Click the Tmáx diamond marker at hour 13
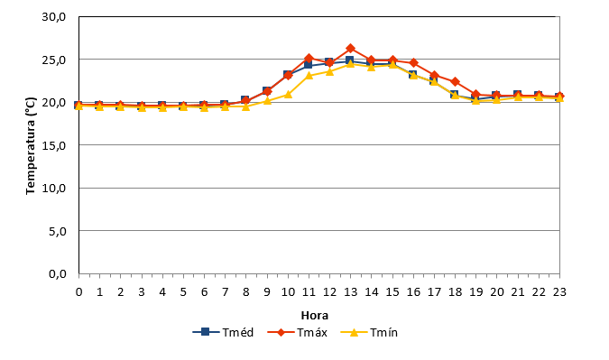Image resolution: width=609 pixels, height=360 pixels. (350, 48)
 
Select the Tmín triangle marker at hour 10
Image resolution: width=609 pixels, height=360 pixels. (288, 94)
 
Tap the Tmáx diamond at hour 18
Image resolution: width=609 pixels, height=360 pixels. (455, 81)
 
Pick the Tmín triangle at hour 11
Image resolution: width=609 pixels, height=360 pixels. (309, 75)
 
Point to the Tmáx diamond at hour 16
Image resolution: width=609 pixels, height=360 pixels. (413, 62)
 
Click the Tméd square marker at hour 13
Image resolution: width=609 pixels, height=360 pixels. (349, 60)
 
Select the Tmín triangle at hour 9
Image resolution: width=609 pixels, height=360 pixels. (267, 100)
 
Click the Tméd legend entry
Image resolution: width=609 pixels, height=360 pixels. (223, 332)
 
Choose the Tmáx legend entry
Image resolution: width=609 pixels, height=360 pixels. (298, 332)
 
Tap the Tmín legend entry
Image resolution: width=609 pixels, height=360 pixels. (369, 332)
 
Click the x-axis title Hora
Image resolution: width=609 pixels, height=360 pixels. (315, 316)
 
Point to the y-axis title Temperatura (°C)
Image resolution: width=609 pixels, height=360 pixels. (31, 145)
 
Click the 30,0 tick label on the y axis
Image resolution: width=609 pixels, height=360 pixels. (54, 17)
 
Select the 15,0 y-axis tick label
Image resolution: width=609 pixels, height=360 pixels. (54, 145)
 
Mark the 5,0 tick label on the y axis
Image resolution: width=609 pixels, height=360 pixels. (58, 231)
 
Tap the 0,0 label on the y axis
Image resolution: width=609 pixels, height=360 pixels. (58, 273)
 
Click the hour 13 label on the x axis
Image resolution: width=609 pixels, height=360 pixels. (350, 292)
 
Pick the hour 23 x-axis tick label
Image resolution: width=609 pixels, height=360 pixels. (559, 292)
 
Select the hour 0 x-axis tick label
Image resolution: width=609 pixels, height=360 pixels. (78, 292)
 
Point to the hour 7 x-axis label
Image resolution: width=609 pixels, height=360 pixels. (225, 292)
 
